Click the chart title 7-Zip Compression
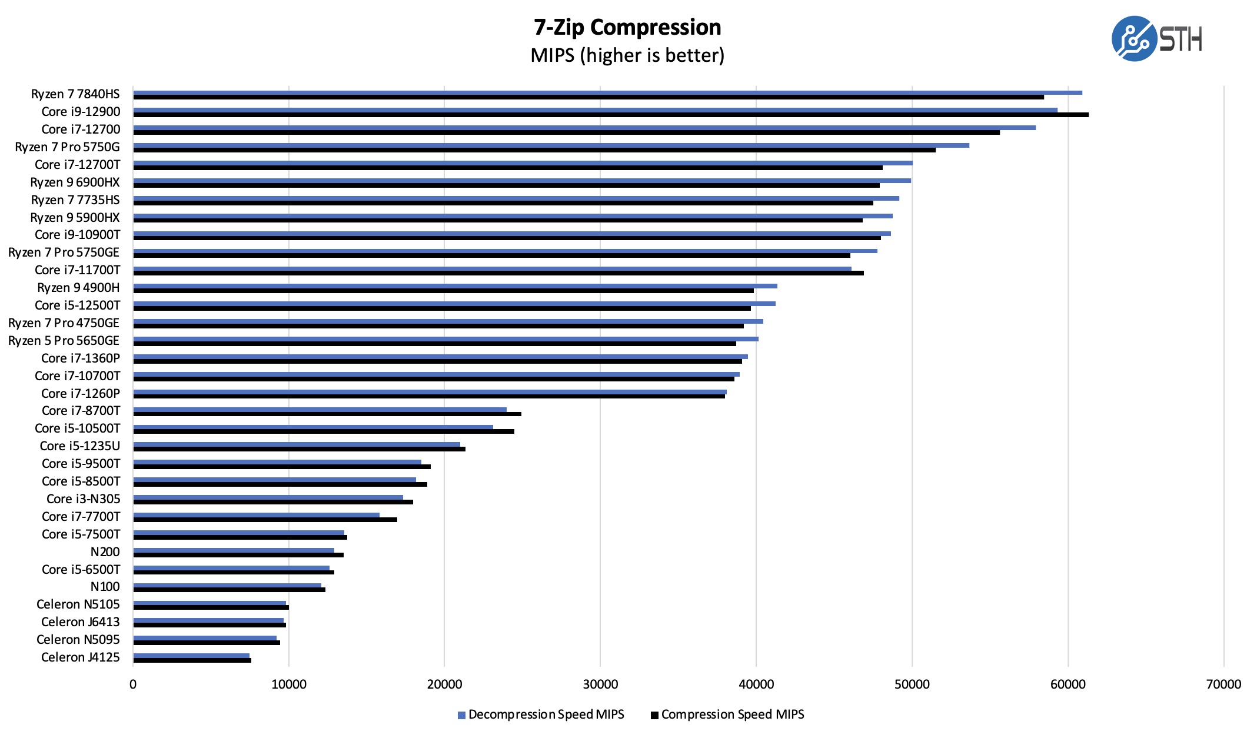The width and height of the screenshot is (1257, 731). click(627, 28)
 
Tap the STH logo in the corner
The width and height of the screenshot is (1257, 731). click(1156, 39)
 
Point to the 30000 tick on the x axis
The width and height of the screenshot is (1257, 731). click(600, 684)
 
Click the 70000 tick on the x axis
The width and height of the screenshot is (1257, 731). click(1223, 684)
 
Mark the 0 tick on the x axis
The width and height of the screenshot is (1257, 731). click(133, 684)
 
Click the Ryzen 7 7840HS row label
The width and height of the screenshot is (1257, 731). click(75, 94)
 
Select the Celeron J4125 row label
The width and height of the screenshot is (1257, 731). click(80, 657)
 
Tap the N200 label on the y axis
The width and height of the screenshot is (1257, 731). click(105, 552)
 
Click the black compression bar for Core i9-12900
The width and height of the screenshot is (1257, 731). click(611, 115)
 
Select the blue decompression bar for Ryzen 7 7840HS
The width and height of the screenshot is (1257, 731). click(607, 92)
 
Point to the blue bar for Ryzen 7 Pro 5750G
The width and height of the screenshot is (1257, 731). click(551, 145)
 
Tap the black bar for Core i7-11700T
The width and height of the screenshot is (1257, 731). click(498, 273)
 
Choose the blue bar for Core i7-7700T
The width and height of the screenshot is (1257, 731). click(257, 515)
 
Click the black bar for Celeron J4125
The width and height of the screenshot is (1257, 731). click(192, 660)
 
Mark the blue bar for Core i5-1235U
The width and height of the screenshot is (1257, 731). click(297, 444)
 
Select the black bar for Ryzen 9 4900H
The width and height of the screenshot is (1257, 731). click(443, 291)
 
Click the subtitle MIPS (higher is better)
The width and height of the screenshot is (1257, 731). click(627, 55)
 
